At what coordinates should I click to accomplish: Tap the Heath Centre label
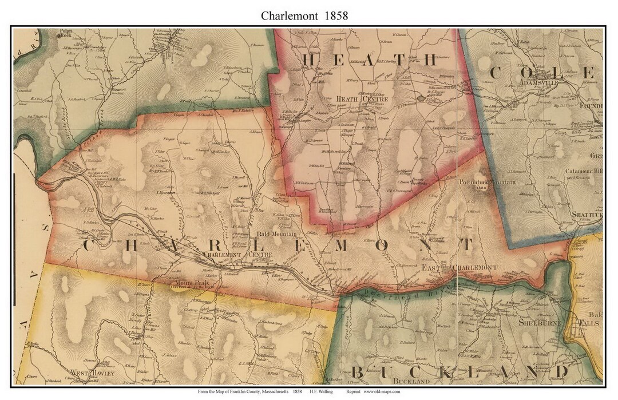[363, 99]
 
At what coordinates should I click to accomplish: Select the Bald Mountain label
[276, 234]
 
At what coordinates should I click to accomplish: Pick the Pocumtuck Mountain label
[488, 182]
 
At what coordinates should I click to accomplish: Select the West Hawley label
[93, 374]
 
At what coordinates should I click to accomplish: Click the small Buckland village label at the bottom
[410, 381]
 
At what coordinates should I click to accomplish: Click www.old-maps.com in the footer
[381, 392]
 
